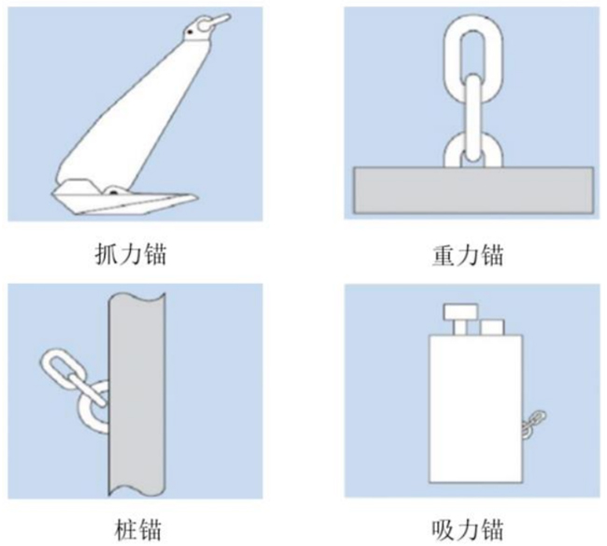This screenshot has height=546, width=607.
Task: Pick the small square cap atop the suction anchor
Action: tap(492, 326)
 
